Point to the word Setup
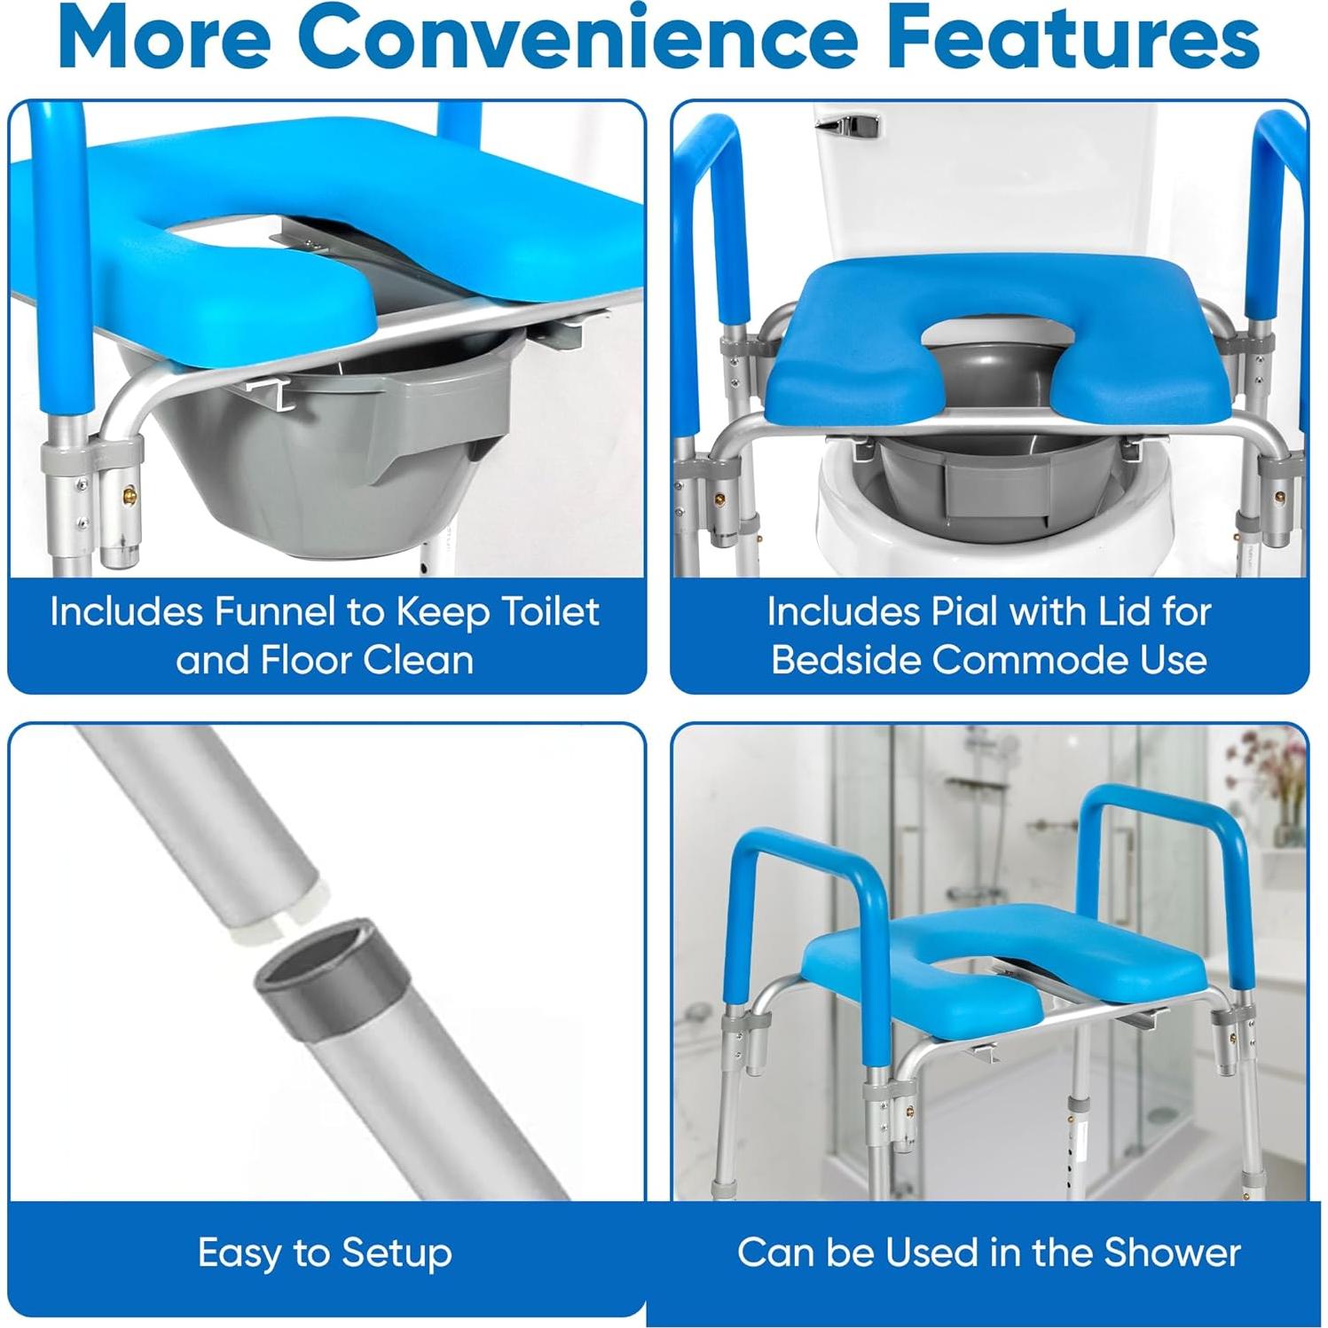(x=397, y=1253)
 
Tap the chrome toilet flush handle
(x=847, y=127)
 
